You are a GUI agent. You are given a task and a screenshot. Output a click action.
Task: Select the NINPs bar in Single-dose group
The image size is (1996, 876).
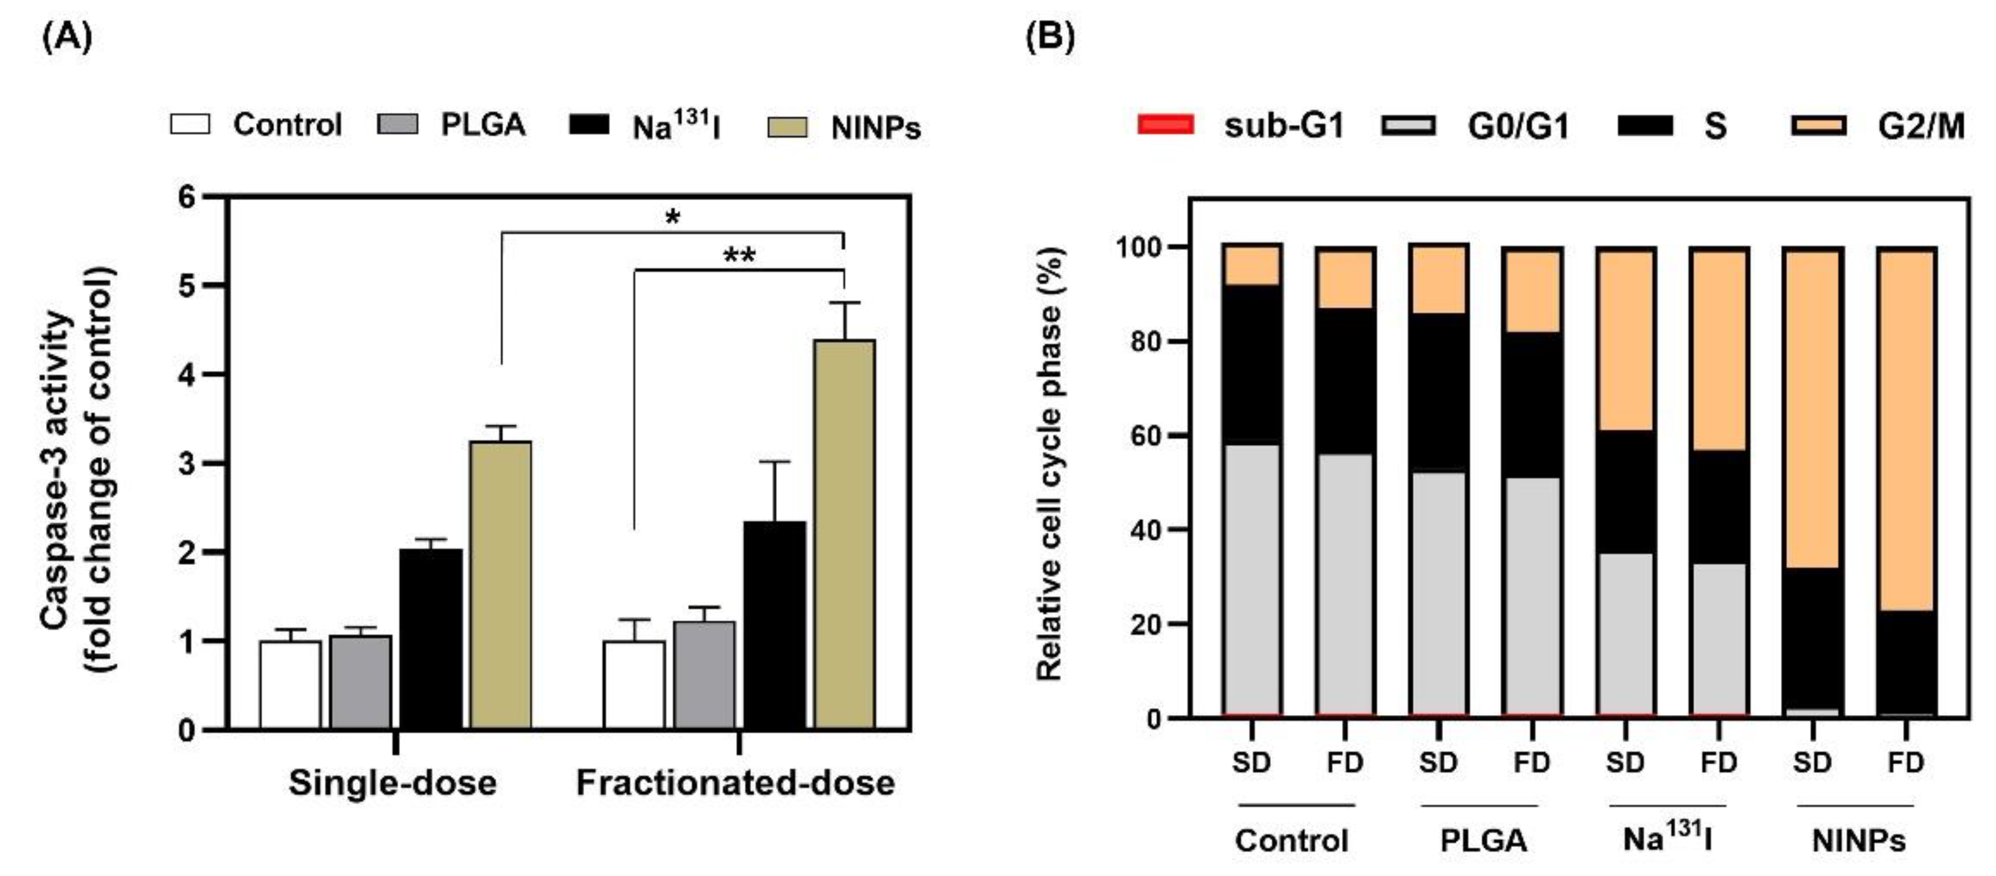tap(501, 584)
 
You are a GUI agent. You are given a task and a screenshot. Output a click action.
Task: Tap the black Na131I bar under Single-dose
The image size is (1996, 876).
tap(431, 639)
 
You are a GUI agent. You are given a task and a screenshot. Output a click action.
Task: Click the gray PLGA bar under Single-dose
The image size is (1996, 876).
tap(360, 682)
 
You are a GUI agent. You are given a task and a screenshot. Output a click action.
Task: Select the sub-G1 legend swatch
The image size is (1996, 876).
tap(1165, 125)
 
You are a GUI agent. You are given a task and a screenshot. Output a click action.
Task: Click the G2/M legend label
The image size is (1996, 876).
tap(1921, 126)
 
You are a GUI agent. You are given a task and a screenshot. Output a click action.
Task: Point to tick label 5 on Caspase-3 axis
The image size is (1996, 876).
tap(187, 285)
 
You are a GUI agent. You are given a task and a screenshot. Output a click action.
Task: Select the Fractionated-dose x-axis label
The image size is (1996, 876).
tap(735, 783)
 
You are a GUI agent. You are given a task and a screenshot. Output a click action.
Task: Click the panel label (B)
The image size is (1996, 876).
tap(1050, 37)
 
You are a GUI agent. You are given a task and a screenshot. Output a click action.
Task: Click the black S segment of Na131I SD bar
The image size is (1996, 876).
tap(1625, 492)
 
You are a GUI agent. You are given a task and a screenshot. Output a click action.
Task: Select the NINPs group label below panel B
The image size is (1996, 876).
tap(1858, 840)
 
